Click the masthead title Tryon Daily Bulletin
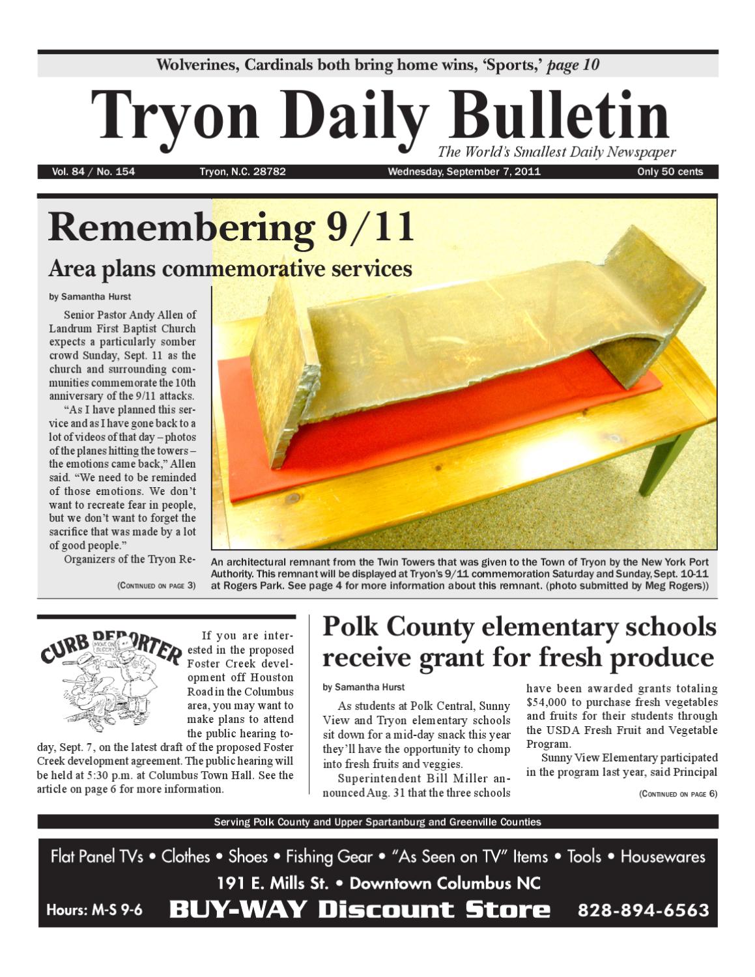click(380, 116)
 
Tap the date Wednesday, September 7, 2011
click(464, 172)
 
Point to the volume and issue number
click(94, 172)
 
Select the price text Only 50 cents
click(670, 172)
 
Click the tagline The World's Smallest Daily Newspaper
click(557, 152)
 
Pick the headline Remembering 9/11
click(231, 227)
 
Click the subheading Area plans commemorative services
click(230, 268)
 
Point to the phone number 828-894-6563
click(643, 910)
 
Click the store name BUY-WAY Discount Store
click(359, 910)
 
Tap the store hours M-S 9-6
click(94, 910)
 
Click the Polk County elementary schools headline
click(519, 642)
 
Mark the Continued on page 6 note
click(677, 794)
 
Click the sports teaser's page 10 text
click(573, 65)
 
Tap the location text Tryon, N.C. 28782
click(242, 172)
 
